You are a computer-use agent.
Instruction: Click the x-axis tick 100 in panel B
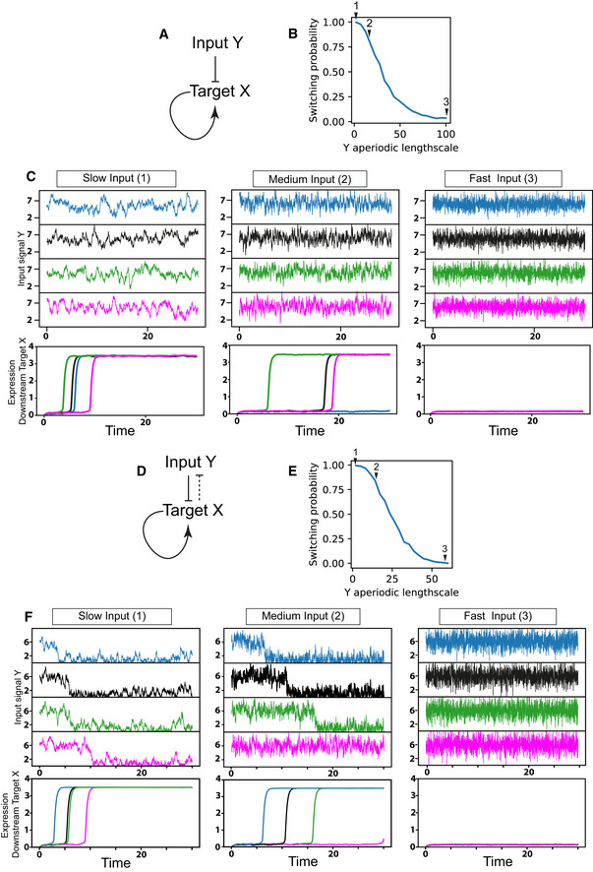point(445,133)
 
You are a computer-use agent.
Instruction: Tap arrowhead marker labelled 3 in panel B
point(445,112)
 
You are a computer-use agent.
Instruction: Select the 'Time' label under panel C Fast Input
point(503,429)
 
